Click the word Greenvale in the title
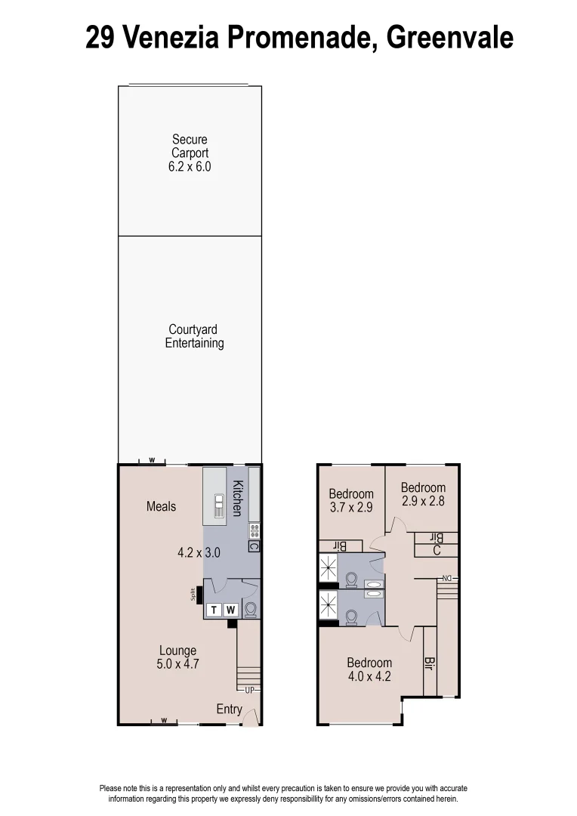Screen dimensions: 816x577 pyautogui.click(x=449, y=36)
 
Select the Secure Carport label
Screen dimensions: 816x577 pyautogui.click(x=190, y=147)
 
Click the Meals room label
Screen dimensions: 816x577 pyautogui.click(x=161, y=506)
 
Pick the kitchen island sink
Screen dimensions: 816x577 pyautogui.click(x=218, y=506)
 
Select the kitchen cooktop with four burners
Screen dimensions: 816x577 pyautogui.click(x=255, y=530)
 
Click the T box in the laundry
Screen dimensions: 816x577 pyautogui.click(x=214, y=610)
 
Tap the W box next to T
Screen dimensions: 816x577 pyautogui.click(x=230, y=610)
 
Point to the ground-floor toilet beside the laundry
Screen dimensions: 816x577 pyautogui.click(x=251, y=609)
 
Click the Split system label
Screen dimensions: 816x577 pyautogui.click(x=193, y=595)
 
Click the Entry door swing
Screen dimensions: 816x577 pyautogui.click(x=250, y=718)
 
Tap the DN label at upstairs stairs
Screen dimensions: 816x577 pyautogui.click(x=447, y=579)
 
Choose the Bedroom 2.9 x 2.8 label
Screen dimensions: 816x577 pyautogui.click(x=423, y=494)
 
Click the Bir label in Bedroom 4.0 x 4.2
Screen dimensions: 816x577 pyautogui.click(x=429, y=664)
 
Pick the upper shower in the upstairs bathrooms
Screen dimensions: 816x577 pyautogui.click(x=328, y=566)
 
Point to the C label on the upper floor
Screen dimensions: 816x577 pyautogui.click(x=437, y=551)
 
